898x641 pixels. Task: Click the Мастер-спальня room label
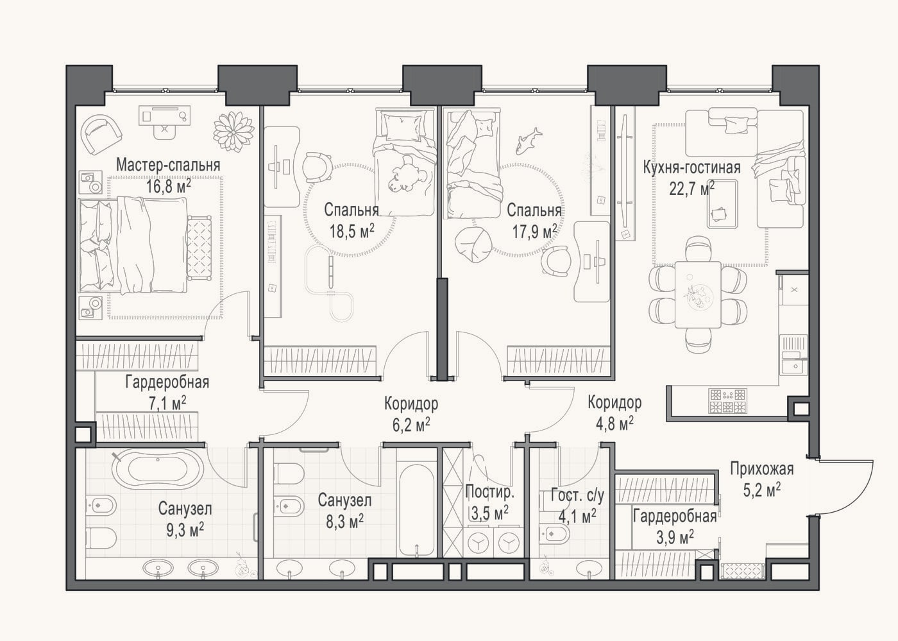(x=168, y=166)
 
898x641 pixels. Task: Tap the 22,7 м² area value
(x=691, y=188)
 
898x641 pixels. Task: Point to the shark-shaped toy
(x=527, y=141)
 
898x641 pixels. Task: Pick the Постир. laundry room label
(x=489, y=493)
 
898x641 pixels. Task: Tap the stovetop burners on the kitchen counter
(x=727, y=401)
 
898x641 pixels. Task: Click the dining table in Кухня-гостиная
(x=698, y=295)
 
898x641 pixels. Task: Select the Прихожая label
(x=762, y=468)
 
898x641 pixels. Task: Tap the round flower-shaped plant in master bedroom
(x=233, y=132)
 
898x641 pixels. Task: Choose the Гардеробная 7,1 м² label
(x=167, y=393)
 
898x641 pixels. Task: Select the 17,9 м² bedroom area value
(x=534, y=232)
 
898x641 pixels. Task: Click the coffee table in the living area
(x=722, y=204)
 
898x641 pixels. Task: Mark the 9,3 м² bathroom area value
(x=185, y=529)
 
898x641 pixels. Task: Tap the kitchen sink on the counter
(x=792, y=366)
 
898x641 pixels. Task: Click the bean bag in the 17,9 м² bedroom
(x=473, y=244)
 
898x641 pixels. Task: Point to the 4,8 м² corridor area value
(x=614, y=423)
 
